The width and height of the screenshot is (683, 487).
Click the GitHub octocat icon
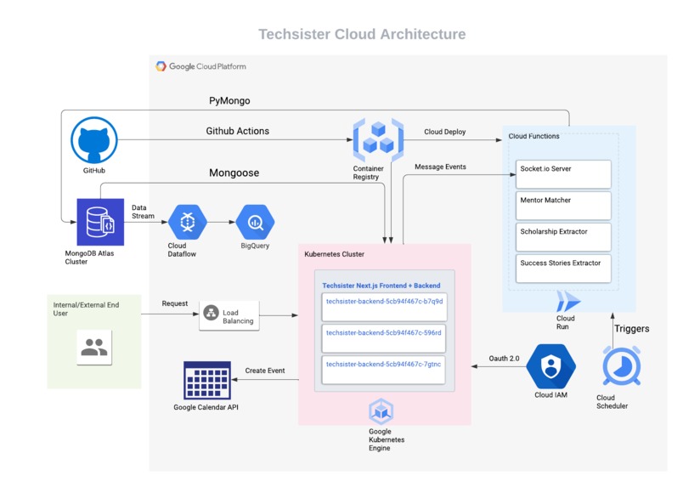click(x=93, y=140)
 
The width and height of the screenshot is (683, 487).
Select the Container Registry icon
click(x=377, y=139)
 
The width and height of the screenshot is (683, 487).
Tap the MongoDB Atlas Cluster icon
click(x=100, y=223)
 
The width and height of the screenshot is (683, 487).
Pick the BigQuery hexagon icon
click(x=256, y=223)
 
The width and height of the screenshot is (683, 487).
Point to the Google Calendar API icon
click(x=207, y=380)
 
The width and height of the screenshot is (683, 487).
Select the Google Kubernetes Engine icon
click(x=380, y=411)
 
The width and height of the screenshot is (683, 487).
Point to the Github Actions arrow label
click(x=237, y=131)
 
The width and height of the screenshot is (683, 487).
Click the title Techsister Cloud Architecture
click(x=362, y=35)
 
